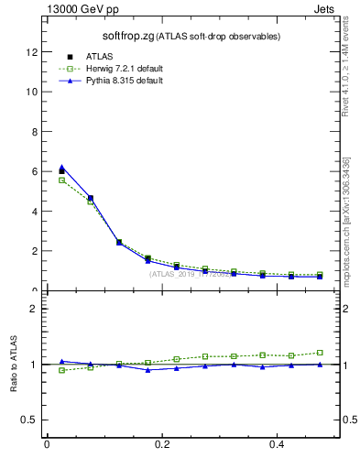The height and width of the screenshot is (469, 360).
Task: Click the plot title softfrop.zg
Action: tap(127, 36)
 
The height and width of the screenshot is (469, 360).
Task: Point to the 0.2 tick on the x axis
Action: tap(163, 444)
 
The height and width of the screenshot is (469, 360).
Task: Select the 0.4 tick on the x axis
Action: tap(278, 444)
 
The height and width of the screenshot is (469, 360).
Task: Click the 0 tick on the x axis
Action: tap(47, 444)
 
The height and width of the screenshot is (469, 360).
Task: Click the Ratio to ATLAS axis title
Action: tap(14, 365)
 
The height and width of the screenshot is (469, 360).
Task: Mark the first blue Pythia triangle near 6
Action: tap(61, 168)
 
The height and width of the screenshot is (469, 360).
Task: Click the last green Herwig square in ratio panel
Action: tap(320, 352)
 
